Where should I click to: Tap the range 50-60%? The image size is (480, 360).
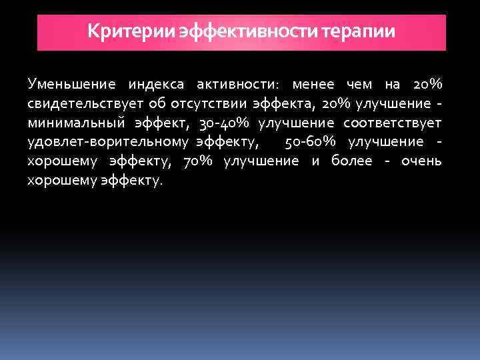tap(312, 143)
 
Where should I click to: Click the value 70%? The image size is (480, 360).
tap(197, 161)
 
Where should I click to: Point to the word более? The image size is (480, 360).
tap(352, 161)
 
